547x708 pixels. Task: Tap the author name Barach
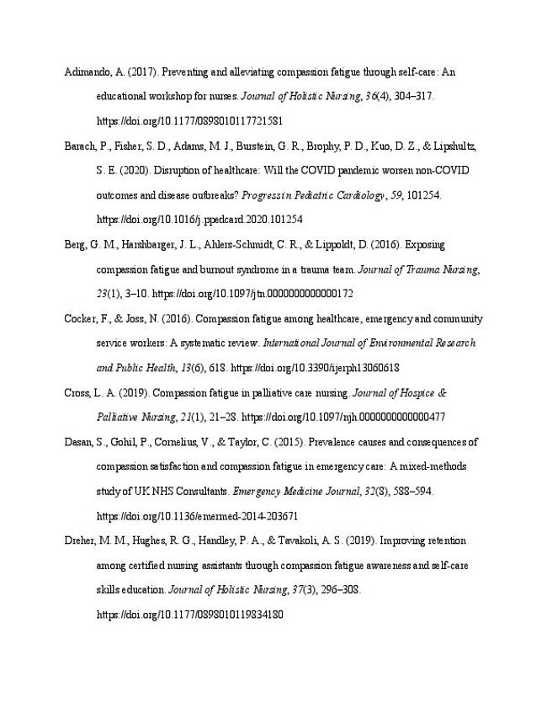pyautogui.click(x=80, y=146)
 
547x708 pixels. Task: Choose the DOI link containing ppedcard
pyautogui.click(x=200, y=220)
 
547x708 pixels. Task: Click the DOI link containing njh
pyautogui.click(x=343, y=418)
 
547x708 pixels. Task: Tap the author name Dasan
pyautogui.click(x=80, y=442)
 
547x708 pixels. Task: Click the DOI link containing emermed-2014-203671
pyautogui.click(x=198, y=516)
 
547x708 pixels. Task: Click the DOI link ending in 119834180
pyautogui.click(x=189, y=615)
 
